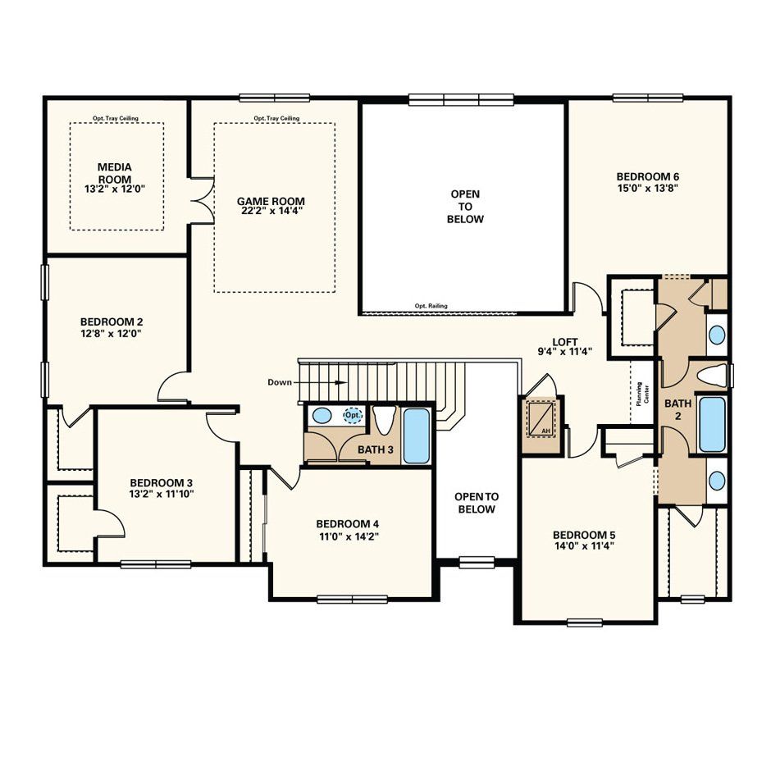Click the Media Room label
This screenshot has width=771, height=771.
(x=115, y=173)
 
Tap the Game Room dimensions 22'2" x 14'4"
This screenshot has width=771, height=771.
(x=271, y=212)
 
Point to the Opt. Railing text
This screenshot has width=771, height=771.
(x=431, y=306)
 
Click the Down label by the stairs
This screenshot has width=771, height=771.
(x=280, y=382)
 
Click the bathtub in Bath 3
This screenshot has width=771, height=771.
(x=416, y=436)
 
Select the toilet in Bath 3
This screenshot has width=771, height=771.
(x=385, y=419)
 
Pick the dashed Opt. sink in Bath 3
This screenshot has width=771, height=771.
(x=353, y=415)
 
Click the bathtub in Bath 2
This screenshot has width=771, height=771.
(x=711, y=424)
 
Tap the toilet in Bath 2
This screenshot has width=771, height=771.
(x=712, y=376)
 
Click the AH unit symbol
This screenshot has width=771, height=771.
(x=541, y=417)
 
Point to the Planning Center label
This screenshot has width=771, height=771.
(x=642, y=394)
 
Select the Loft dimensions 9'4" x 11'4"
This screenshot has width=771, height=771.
(x=564, y=352)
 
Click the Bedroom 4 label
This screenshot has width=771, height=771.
(x=348, y=524)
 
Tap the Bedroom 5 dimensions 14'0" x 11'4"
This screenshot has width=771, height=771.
(x=584, y=546)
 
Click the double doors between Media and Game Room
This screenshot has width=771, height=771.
(x=203, y=201)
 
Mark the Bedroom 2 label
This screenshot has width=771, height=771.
(x=112, y=322)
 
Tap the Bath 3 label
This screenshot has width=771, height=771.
(x=375, y=449)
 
